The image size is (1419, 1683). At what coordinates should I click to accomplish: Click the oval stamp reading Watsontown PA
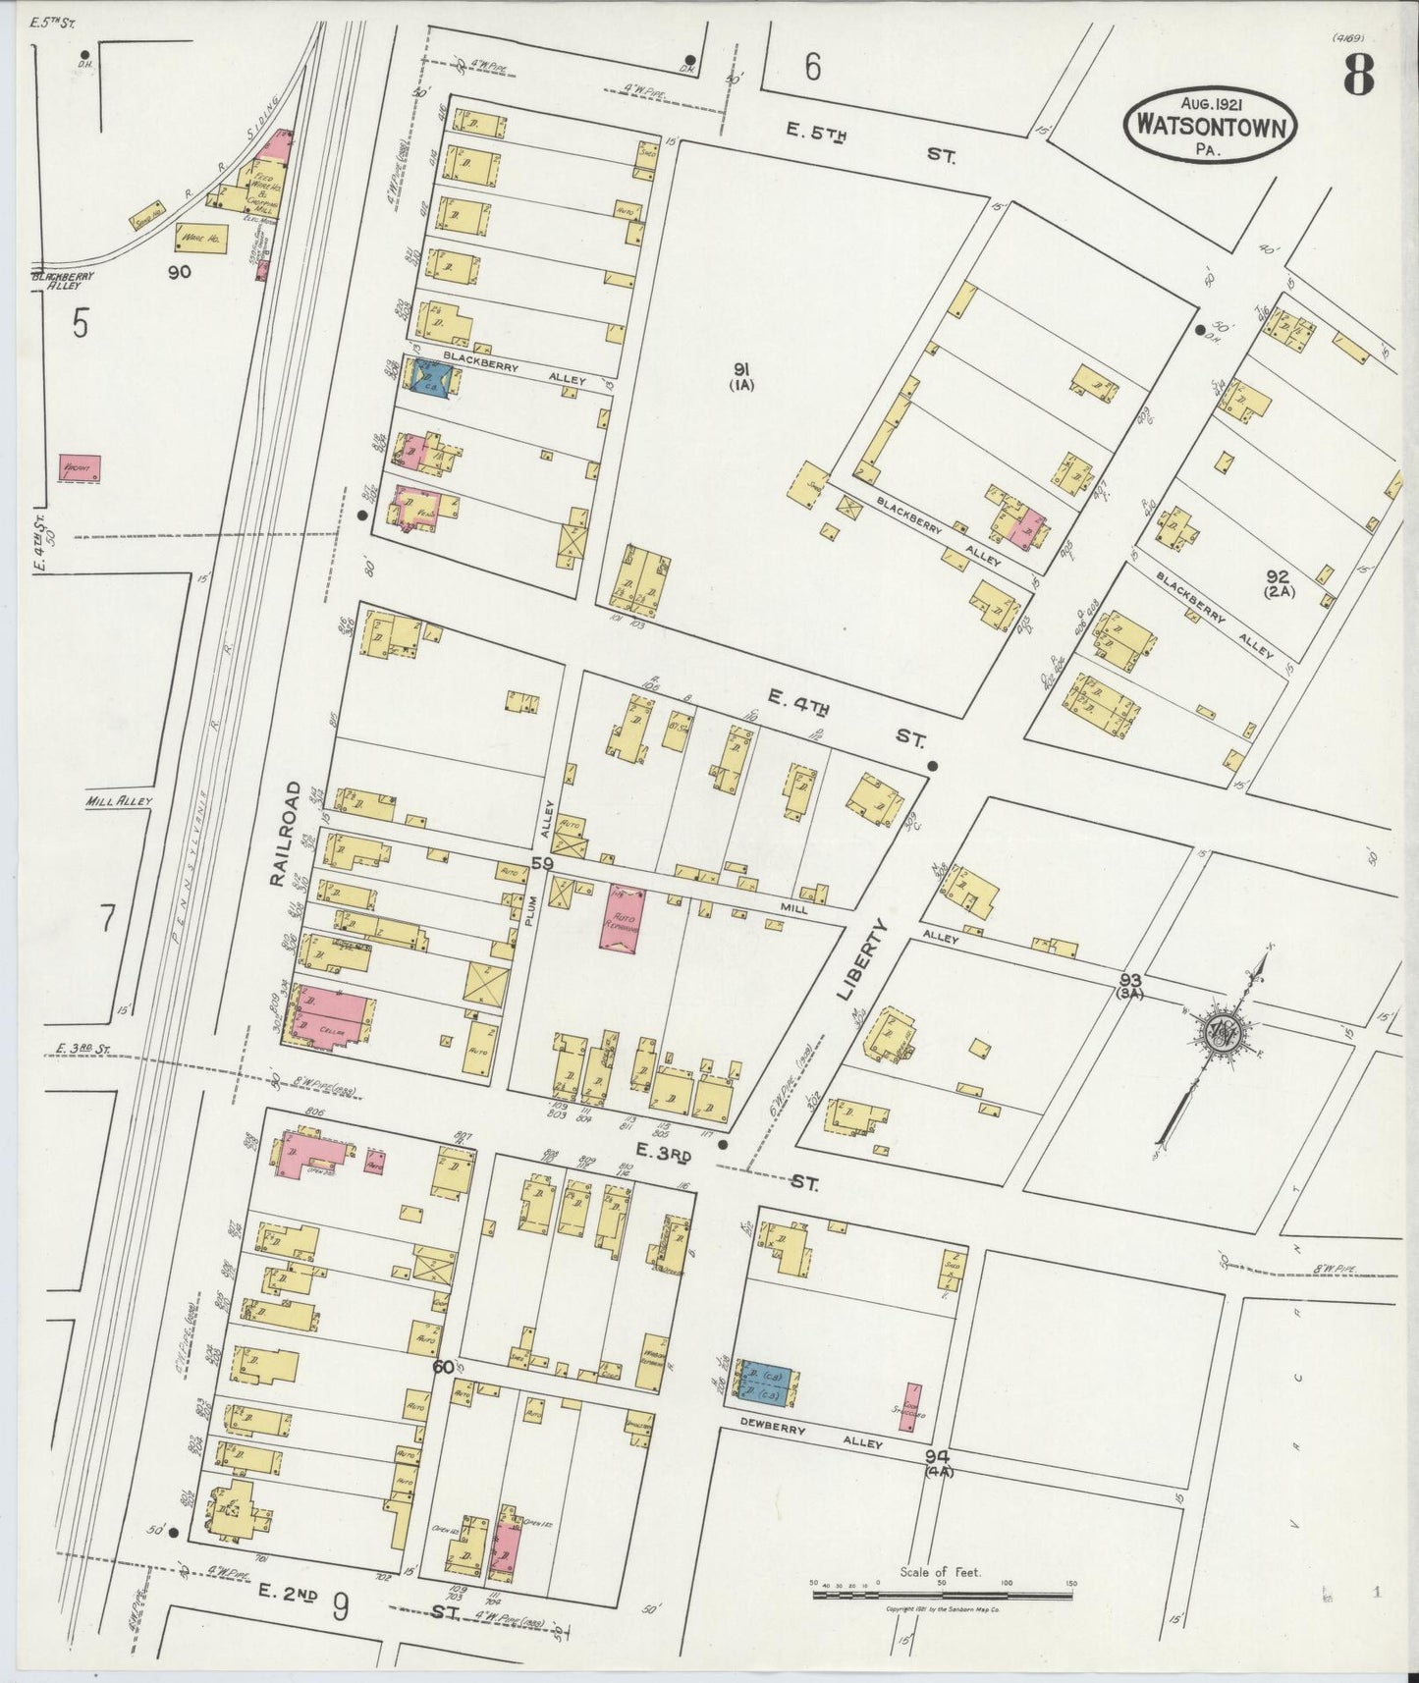pos(1210,125)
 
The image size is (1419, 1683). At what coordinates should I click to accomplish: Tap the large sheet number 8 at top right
pos(1358,74)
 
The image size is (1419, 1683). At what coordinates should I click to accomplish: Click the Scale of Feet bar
pos(943,1596)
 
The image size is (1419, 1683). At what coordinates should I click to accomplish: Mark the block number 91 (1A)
pos(741,375)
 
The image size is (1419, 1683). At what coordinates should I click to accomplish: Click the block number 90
pos(179,273)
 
